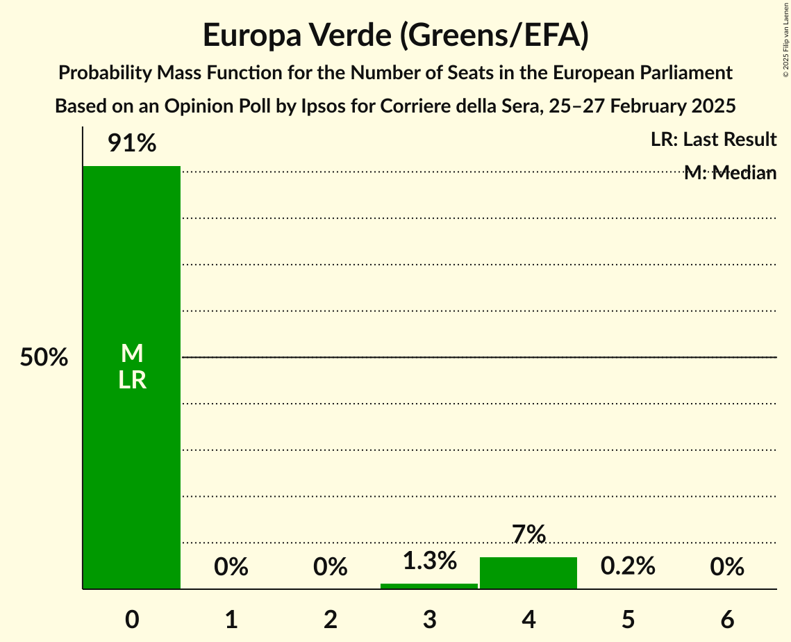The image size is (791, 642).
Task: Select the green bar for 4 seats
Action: pos(528,573)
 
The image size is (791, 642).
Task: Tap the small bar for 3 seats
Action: pos(429,586)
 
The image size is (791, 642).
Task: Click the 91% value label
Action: pos(132,144)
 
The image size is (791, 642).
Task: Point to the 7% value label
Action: pos(528,534)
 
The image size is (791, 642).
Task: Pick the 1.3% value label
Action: pos(429,561)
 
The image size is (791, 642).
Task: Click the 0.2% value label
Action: pos(628,566)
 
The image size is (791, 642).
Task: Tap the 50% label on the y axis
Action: pos(44,358)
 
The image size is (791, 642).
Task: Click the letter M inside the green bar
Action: pos(132,354)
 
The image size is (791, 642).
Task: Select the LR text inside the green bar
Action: pos(132,380)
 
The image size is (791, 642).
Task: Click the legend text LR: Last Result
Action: pos(713,140)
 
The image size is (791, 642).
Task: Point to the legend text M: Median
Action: pos(729,173)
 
